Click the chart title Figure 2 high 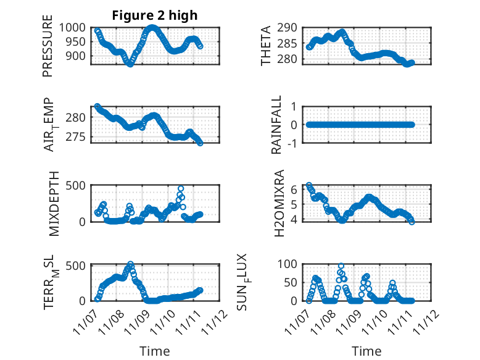[x=155, y=15]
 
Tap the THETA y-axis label [x=266, y=46]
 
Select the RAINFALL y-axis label [x=277, y=125]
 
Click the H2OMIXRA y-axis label [x=279, y=203]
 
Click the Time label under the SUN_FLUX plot [x=366, y=351]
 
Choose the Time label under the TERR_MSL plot [x=155, y=351]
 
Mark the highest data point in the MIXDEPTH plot [x=181, y=188]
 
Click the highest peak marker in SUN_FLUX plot [x=341, y=266]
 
